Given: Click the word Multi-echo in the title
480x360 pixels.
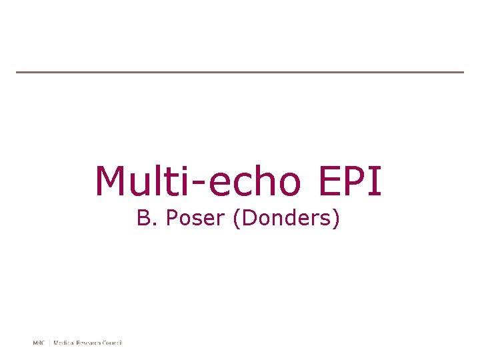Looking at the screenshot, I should pos(194,181).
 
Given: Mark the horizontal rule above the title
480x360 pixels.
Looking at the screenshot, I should pos(240,72).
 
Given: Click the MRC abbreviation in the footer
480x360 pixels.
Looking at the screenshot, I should pos(39,343).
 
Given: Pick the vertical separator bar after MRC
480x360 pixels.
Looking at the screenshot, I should pos(49,343).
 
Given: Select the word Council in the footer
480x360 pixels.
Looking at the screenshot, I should pos(113,343).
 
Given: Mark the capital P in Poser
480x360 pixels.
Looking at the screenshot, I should pos(171,219).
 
